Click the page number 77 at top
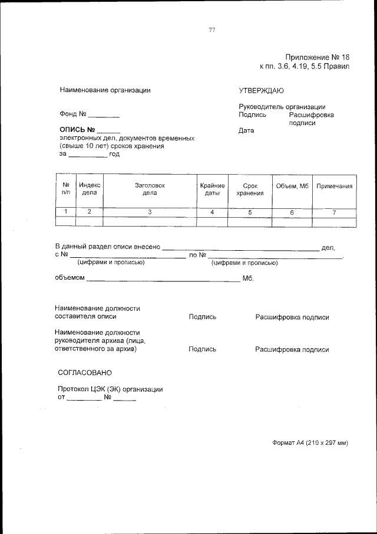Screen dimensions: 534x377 pos(212,31)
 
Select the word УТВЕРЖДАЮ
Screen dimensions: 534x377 pos(261,90)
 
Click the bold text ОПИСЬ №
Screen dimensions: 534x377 pos(77,129)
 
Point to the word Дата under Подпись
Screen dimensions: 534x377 pos(246,131)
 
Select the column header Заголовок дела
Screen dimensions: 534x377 pos(150,189)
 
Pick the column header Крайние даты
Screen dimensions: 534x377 pos(212,189)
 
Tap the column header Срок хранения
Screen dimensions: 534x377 pos(250,189)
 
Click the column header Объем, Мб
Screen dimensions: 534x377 pos(292,186)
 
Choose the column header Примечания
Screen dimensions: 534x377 pos(335,186)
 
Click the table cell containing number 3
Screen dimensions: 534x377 pos(150,212)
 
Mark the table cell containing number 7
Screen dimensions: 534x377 pos(335,212)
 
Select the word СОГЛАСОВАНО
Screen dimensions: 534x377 pos(85,373)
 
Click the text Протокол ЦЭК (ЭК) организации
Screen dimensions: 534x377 pos(110,389)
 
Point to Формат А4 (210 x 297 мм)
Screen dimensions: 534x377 pos(310,443)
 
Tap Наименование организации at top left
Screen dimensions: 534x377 pos(105,90)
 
